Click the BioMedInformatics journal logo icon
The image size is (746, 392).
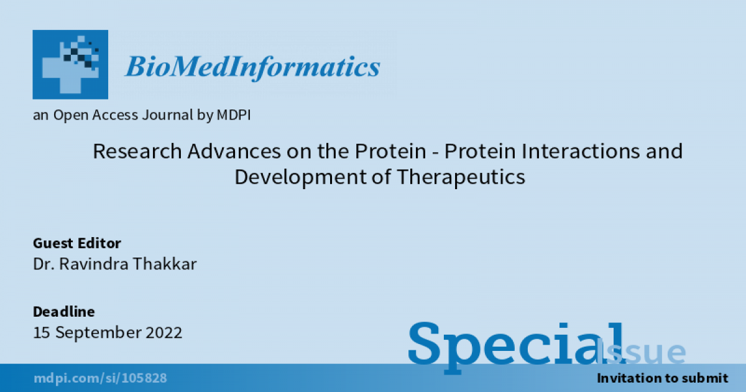(70, 64)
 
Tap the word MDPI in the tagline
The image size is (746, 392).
(234, 115)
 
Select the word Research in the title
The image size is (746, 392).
(137, 151)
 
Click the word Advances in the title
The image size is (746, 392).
(234, 151)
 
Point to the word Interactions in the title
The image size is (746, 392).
(581, 151)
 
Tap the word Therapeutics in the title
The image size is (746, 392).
(461, 177)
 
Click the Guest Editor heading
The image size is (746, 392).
(77, 243)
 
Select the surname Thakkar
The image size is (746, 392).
(165, 264)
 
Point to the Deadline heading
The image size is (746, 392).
(64, 312)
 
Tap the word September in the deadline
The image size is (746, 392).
(98, 333)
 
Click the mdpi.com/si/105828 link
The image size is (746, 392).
(100, 378)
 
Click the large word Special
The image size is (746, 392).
(515, 347)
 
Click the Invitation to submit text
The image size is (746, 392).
(663, 378)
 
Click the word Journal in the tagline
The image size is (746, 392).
(167, 115)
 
